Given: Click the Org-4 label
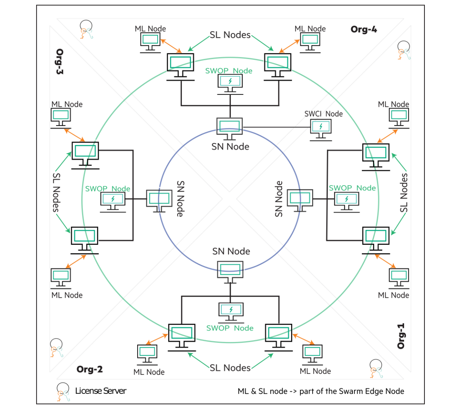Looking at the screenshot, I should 363,30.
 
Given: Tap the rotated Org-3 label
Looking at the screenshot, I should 60,61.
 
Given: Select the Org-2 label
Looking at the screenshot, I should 90,369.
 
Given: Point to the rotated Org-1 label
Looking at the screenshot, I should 401,336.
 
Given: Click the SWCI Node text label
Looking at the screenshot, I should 323,114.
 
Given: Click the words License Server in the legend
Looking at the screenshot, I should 101,391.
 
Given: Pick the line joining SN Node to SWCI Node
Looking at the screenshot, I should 277,127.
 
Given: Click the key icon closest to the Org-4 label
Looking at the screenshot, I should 403,50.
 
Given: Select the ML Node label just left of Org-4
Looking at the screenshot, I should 310,29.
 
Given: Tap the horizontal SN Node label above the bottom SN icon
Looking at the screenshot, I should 231,251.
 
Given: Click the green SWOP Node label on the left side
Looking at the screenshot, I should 108,189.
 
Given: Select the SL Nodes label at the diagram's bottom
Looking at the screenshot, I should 230,368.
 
